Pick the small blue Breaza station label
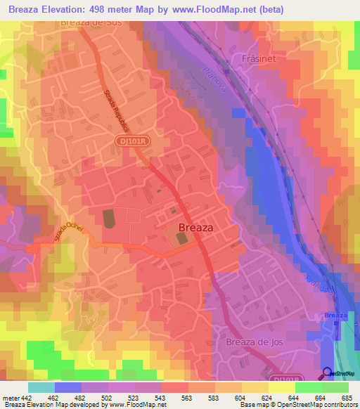tap(335, 316)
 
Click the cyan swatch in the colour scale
tap(41, 388)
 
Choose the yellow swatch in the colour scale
tap(281, 388)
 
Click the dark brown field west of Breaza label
tap(108, 218)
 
